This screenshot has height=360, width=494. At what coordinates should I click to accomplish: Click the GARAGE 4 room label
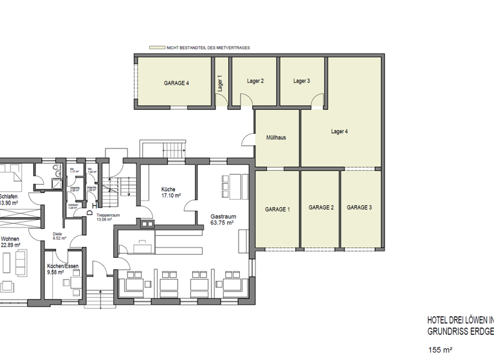[x=176, y=83]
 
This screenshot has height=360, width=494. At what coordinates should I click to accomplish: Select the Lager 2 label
[x=255, y=81]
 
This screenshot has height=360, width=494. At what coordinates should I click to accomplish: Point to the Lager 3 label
[x=302, y=81]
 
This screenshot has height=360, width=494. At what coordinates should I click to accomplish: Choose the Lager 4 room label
[x=339, y=132]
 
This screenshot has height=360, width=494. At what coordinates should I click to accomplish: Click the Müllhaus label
[x=276, y=138]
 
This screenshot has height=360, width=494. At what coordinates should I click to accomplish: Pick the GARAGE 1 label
[x=277, y=210]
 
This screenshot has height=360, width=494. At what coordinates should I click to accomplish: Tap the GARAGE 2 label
[x=321, y=208]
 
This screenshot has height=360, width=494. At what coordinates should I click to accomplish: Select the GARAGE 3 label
[x=359, y=208]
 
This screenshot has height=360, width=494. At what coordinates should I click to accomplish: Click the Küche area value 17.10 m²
[x=170, y=195]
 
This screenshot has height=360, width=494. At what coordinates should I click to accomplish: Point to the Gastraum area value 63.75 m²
[x=223, y=225]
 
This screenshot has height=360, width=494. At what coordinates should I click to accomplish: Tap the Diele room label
[x=57, y=233]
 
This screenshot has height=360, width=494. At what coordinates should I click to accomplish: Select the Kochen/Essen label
[x=62, y=265]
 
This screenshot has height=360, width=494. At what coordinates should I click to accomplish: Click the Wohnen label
[x=10, y=239]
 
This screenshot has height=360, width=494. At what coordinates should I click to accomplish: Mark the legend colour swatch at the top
[x=156, y=48]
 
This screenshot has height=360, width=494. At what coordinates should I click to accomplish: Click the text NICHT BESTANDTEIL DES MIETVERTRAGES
[x=207, y=48]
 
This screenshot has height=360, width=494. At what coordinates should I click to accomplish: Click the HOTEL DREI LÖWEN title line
[x=460, y=319]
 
